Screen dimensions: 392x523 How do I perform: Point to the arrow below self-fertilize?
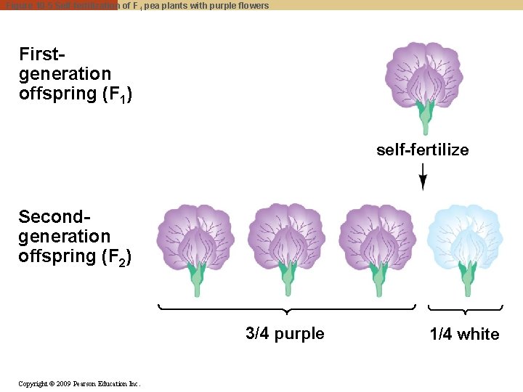tap(423, 176)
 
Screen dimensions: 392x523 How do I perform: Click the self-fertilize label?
tap(422, 150)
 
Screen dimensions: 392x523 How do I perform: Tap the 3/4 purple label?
tap(285, 334)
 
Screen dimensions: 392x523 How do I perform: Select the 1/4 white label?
tap(464, 335)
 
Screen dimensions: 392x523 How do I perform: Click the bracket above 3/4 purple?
tap(287, 311)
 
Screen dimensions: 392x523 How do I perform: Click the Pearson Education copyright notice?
tap(79, 383)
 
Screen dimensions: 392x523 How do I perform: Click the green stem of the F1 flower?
tap(423, 120)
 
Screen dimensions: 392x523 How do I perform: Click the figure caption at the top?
tap(137, 5)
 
